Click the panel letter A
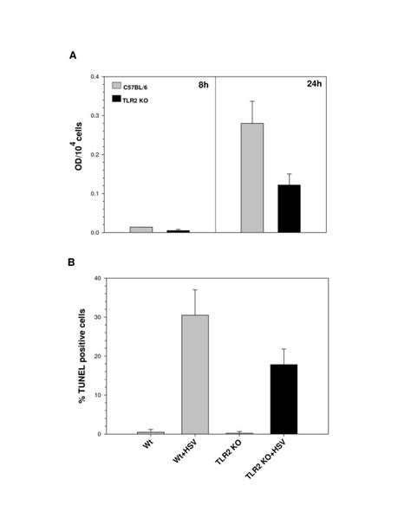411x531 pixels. (x=73, y=55)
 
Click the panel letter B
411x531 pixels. (x=73, y=257)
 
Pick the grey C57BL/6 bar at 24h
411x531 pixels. (x=252, y=178)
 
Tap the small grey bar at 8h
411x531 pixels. (x=140, y=230)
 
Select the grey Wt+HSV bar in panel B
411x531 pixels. (x=195, y=373)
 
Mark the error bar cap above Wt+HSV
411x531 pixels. (x=195, y=289)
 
